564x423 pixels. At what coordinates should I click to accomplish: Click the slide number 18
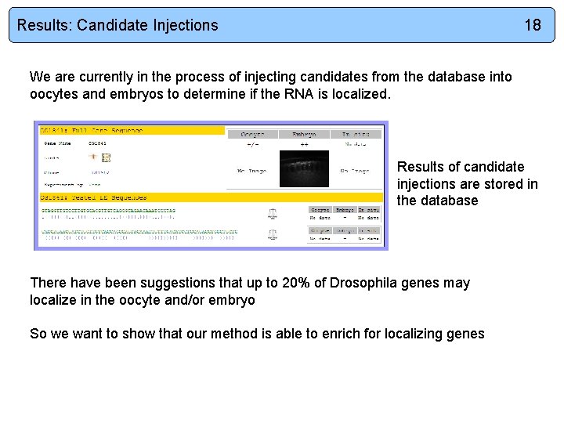532,25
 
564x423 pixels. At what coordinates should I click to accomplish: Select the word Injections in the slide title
186,25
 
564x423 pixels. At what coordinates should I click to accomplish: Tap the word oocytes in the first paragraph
55,94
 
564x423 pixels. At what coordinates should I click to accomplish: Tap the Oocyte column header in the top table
252,135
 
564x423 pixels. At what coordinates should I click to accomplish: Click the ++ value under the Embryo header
302,145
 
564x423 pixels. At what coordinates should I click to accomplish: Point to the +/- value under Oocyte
252,145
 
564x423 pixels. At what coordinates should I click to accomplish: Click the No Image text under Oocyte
251,171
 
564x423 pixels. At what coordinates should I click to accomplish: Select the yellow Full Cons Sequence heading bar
131,130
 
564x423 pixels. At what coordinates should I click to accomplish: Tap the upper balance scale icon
272,213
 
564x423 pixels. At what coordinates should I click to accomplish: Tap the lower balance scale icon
272,234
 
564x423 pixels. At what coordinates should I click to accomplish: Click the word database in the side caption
449,201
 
